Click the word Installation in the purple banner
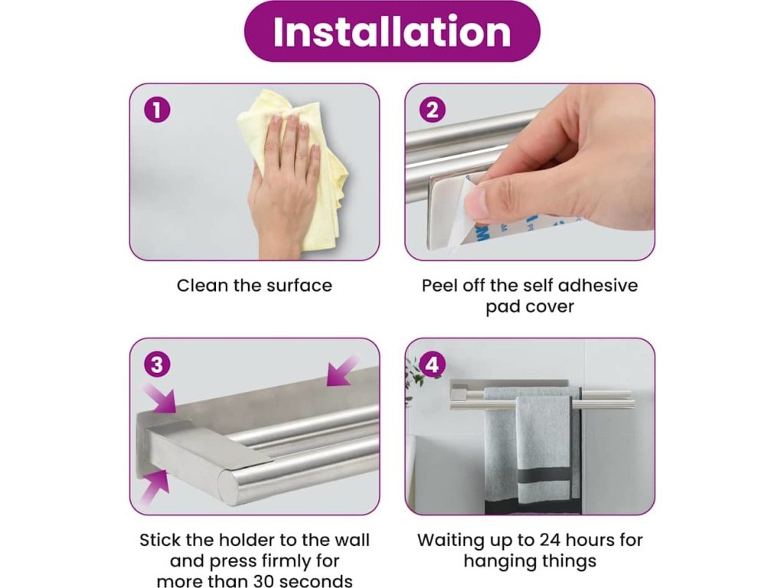(392, 31)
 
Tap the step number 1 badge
(157, 109)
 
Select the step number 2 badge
(432, 109)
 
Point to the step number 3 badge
(157, 364)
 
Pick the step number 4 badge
(432, 364)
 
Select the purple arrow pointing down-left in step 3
(343, 371)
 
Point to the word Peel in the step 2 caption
(439, 286)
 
